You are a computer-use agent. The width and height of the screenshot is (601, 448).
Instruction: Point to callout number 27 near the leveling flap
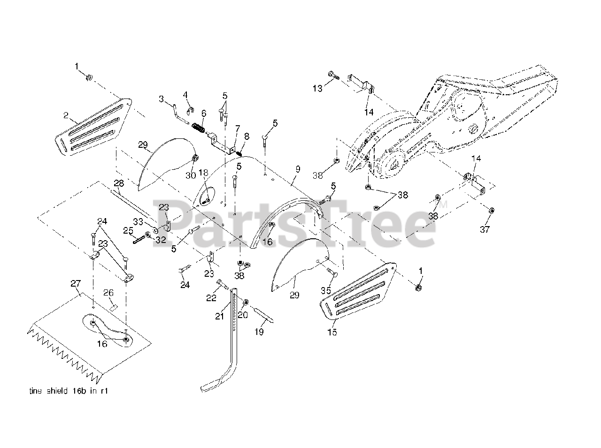[x=76, y=283]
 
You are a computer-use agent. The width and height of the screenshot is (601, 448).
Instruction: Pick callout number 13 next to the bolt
[x=318, y=88]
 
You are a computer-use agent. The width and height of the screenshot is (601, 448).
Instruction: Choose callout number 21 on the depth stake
[x=220, y=316]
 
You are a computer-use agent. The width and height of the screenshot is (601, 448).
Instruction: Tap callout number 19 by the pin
[x=259, y=332]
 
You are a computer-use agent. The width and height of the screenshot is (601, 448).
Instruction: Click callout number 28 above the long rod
[x=119, y=182]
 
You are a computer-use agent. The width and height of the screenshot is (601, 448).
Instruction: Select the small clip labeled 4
[x=191, y=110]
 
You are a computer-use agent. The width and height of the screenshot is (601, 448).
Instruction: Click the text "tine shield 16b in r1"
[x=69, y=390]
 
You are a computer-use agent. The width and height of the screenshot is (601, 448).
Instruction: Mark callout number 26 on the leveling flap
[x=108, y=293]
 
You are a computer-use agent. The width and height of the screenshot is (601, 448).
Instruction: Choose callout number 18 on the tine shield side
[x=203, y=173]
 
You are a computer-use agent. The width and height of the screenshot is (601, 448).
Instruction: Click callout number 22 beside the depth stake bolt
[x=212, y=297]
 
